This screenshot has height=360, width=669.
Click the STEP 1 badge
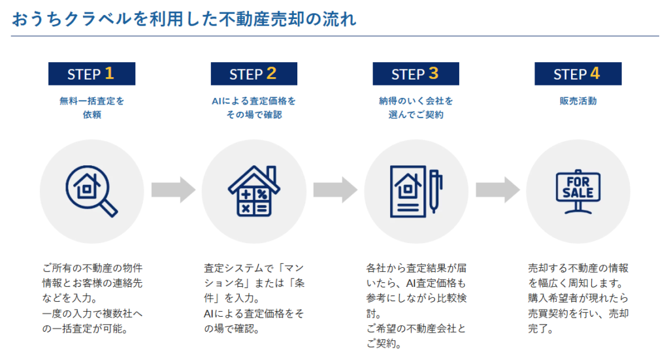91,74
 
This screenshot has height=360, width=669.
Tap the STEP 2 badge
254,74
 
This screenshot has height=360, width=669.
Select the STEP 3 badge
416,74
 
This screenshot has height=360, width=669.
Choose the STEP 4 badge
578,74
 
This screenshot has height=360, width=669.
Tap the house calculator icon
254,191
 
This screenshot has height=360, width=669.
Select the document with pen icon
416,191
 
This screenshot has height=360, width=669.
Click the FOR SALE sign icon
578,191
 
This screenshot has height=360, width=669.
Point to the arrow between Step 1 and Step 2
173,190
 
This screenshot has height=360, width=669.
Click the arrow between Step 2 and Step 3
335,190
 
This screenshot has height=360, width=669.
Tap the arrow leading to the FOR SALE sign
497,190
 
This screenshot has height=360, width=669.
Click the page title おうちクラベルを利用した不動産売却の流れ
184,19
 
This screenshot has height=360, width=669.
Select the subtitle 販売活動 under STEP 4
578,101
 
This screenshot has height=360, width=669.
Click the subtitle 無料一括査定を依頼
91,108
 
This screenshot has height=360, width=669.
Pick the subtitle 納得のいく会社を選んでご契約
416,108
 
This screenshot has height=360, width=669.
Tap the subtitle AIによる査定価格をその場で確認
254,108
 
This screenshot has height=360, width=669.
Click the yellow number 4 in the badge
595,73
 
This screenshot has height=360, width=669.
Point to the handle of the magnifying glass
109,208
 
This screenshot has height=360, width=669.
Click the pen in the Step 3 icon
434,191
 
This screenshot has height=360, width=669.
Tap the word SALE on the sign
578,193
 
